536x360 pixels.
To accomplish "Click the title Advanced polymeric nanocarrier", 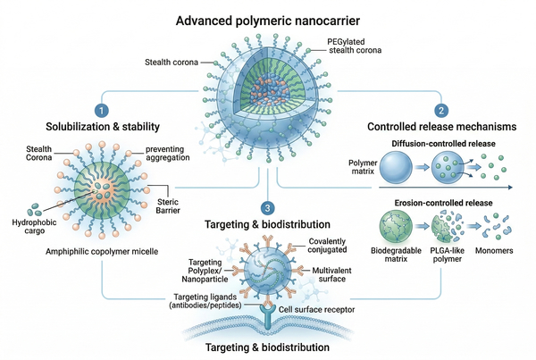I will coord(268,20).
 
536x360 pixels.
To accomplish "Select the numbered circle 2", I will coord(440,110).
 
